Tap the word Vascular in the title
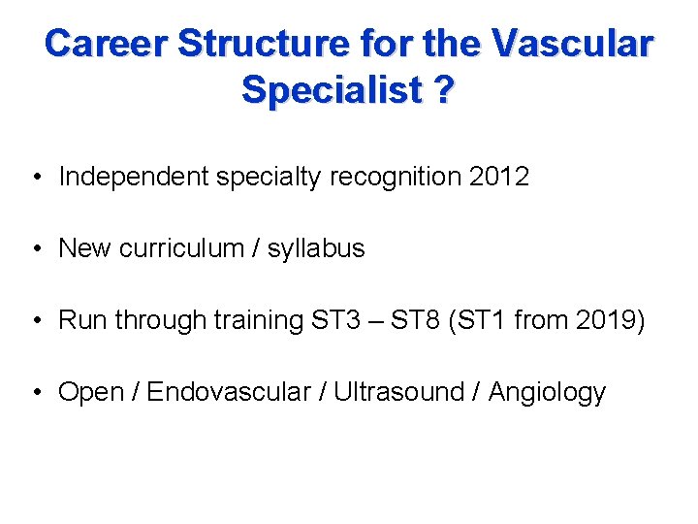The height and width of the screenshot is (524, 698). (x=573, y=44)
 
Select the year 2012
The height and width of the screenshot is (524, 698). (x=497, y=177)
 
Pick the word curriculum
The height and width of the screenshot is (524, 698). (x=181, y=248)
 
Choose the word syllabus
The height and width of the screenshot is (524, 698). (x=316, y=248)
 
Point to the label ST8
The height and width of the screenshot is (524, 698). (x=419, y=320)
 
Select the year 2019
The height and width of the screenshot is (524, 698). (x=607, y=320)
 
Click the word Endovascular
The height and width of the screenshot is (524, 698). (x=229, y=392)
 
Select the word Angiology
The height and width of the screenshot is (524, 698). (x=548, y=392)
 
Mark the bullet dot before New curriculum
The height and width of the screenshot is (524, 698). (x=34, y=249)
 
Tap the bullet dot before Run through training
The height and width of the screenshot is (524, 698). (x=34, y=321)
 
